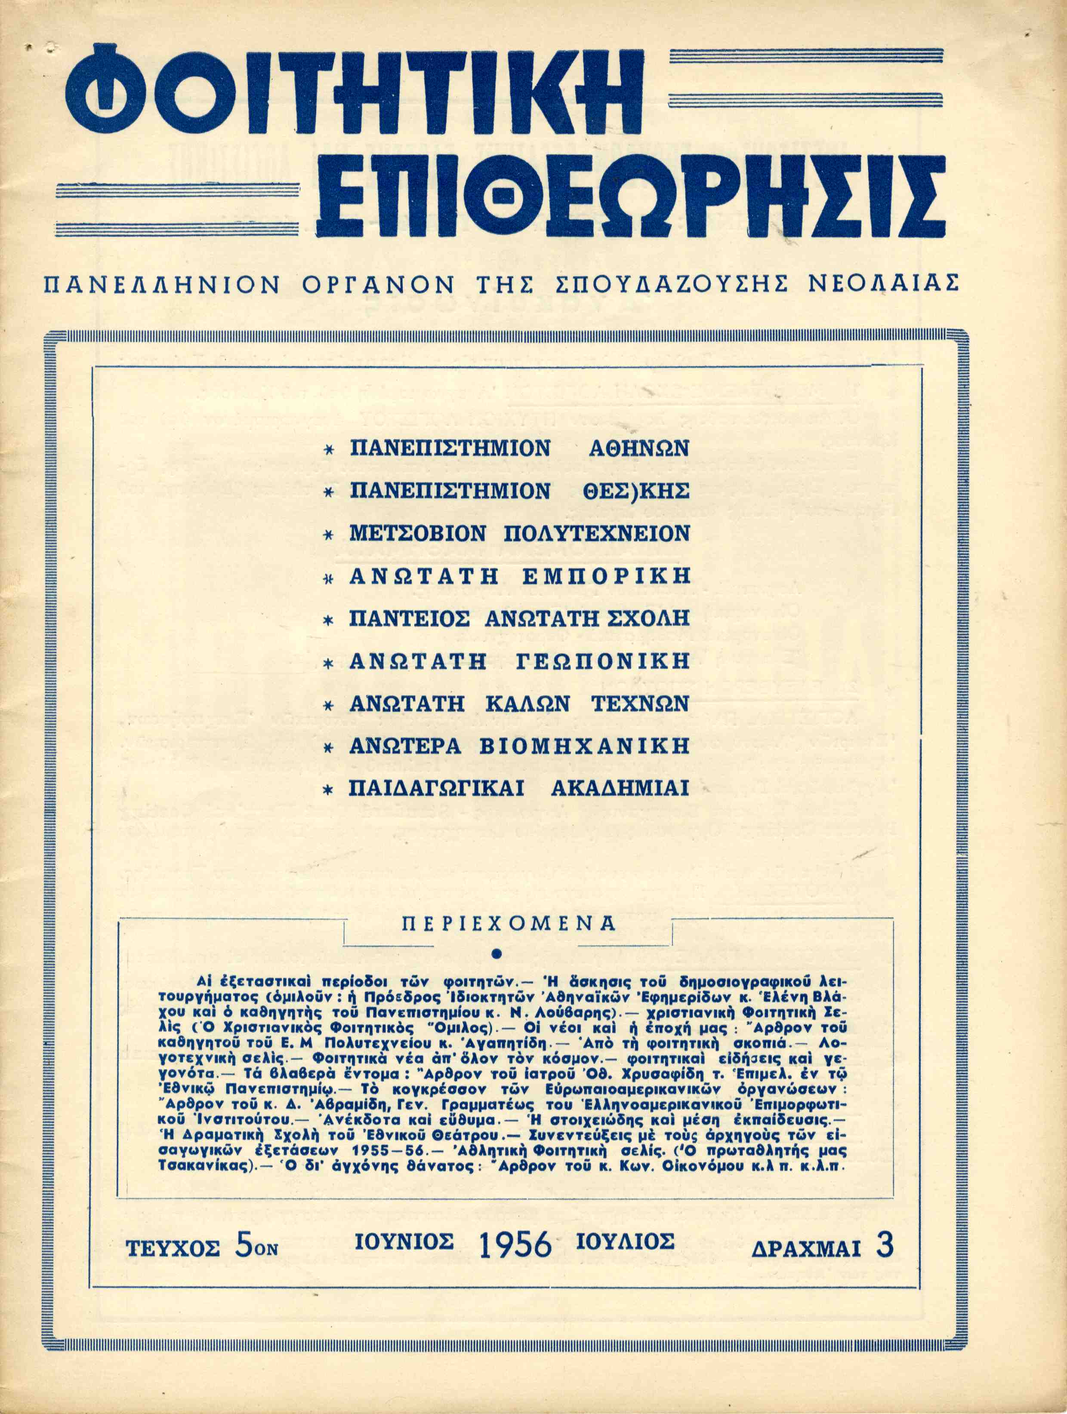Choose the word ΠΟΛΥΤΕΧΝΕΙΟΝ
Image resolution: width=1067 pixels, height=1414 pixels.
[x=597, y=533]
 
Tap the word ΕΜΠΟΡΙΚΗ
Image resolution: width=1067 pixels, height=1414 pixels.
[x=606, y=576]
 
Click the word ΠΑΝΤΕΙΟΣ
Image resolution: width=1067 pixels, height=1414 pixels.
[x=410, y=618]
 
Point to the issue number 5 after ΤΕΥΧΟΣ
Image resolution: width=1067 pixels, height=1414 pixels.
[x=243, y=1245]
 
